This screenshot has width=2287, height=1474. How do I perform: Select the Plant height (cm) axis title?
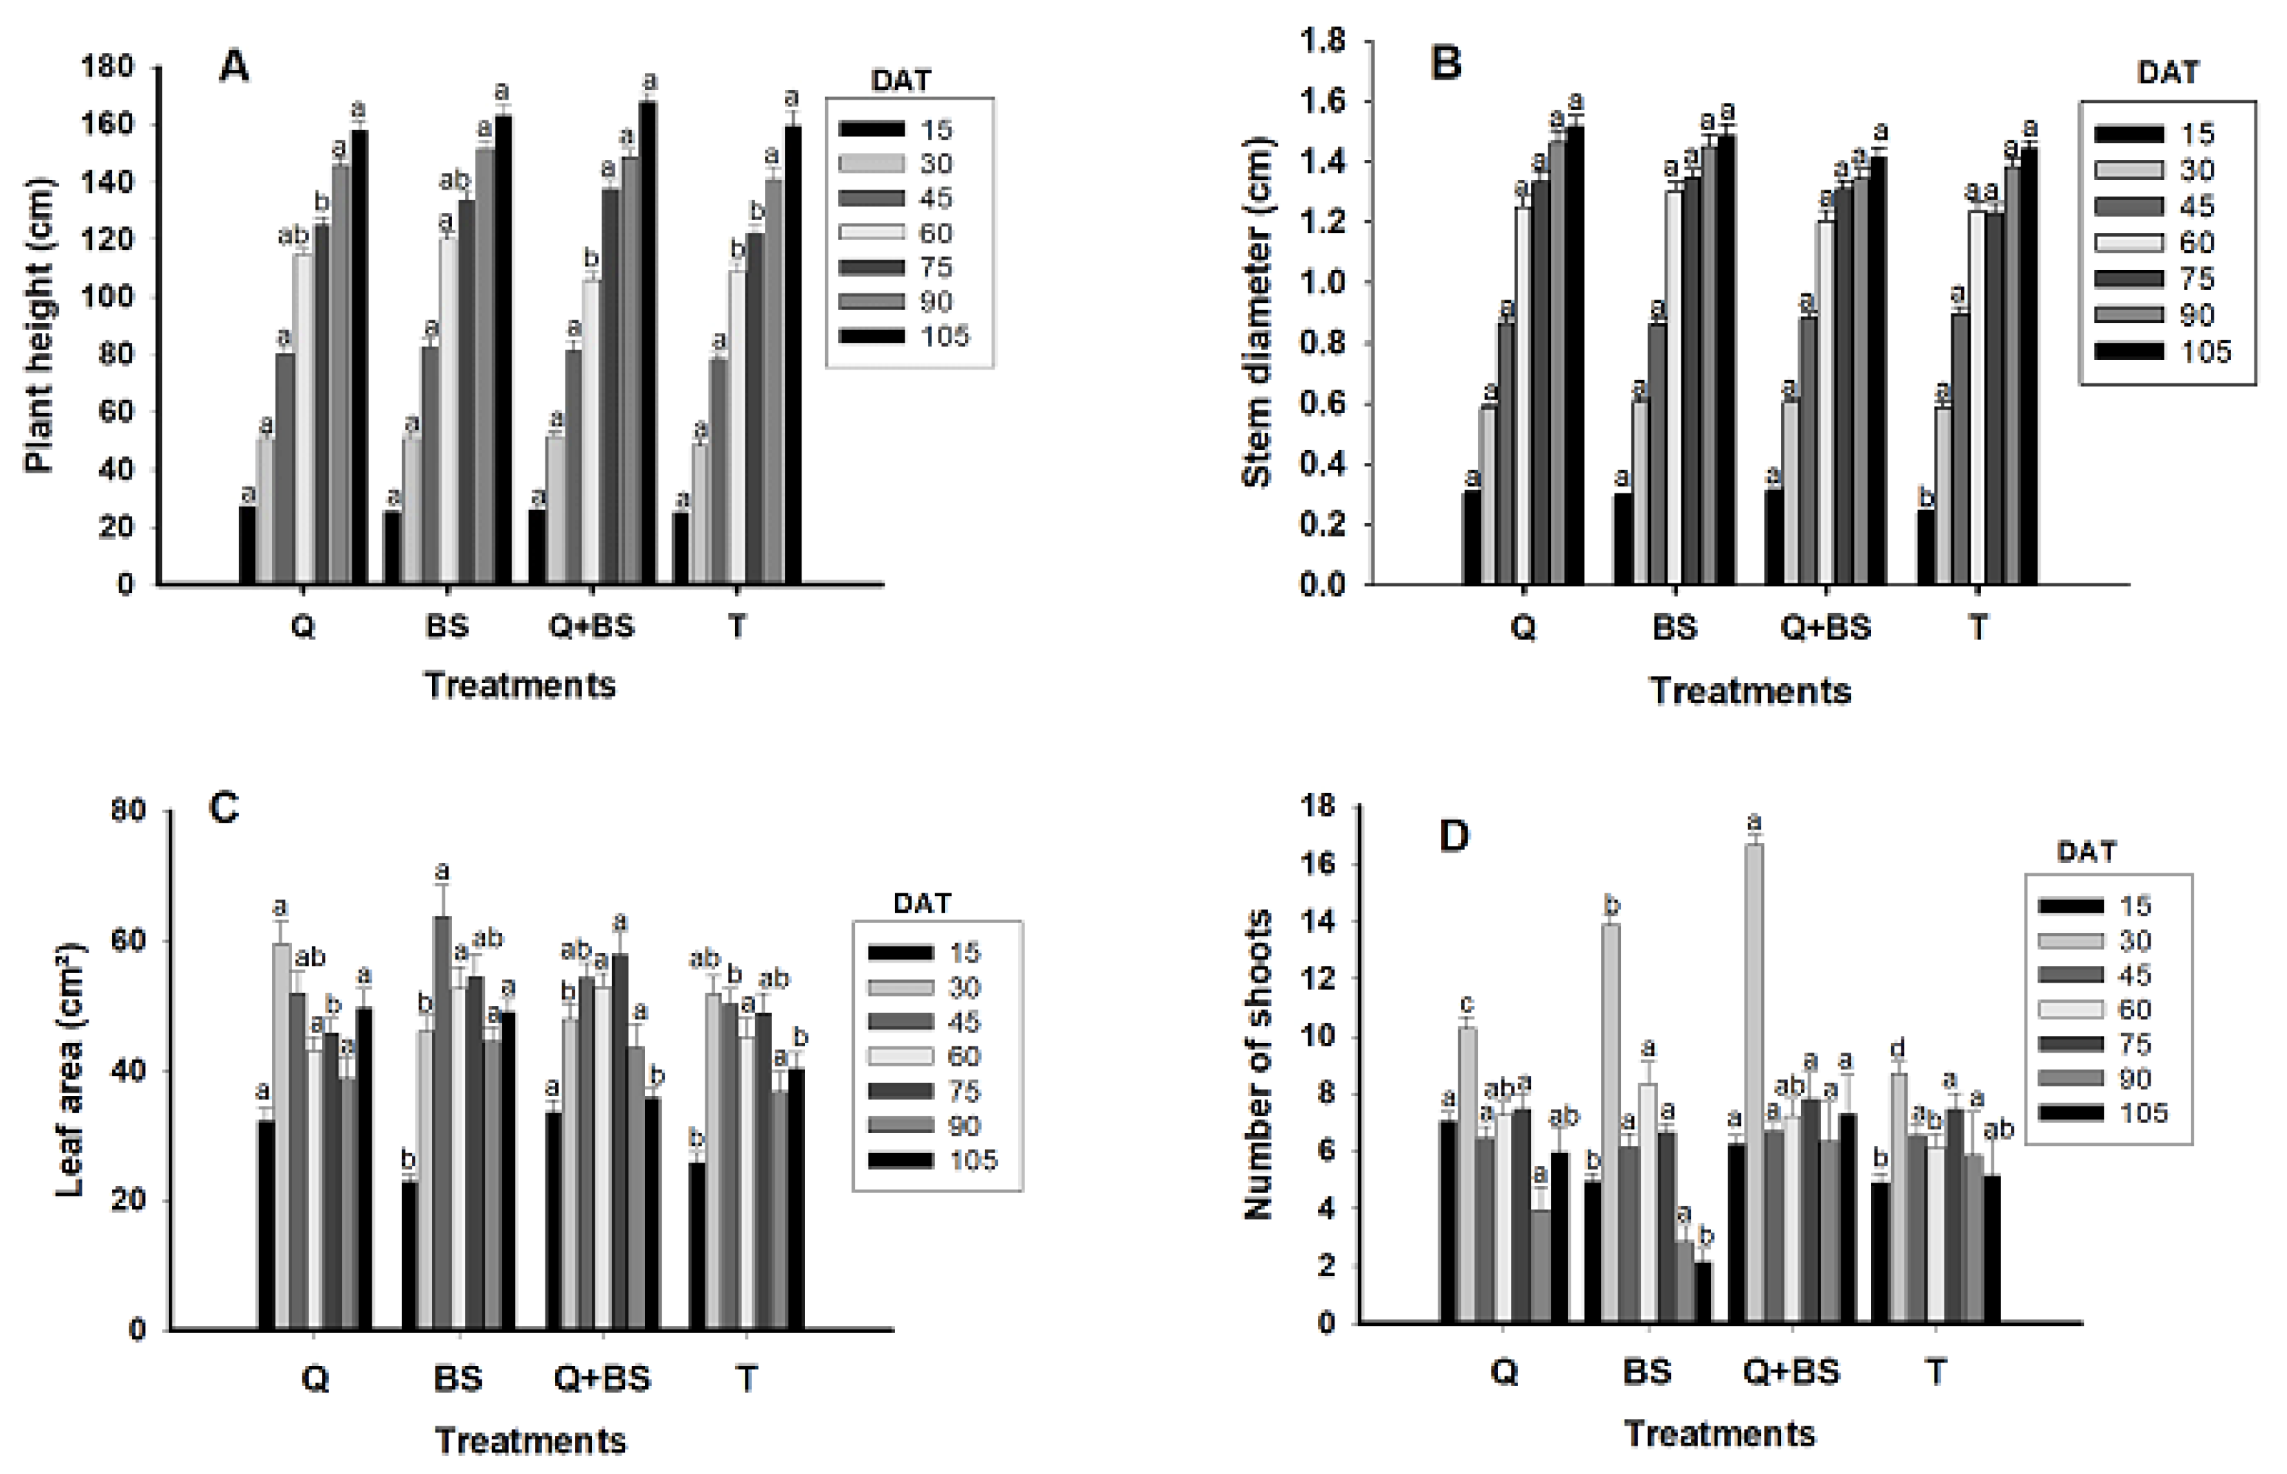pos(40,325)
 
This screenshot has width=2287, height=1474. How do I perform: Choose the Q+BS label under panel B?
pos(1825,627)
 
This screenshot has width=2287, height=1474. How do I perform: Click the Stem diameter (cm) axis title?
pos(1256,312)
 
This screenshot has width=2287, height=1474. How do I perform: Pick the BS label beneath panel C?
pos(458,1379)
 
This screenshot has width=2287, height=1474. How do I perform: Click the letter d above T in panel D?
pos(1897,1049)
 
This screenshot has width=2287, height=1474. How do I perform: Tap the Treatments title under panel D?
pos(1719,1433)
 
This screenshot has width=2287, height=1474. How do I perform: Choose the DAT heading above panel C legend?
pos(922,902)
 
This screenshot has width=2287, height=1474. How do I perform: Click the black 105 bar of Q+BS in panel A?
pos(648,343)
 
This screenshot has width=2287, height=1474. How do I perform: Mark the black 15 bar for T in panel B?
pos(1925,547)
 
